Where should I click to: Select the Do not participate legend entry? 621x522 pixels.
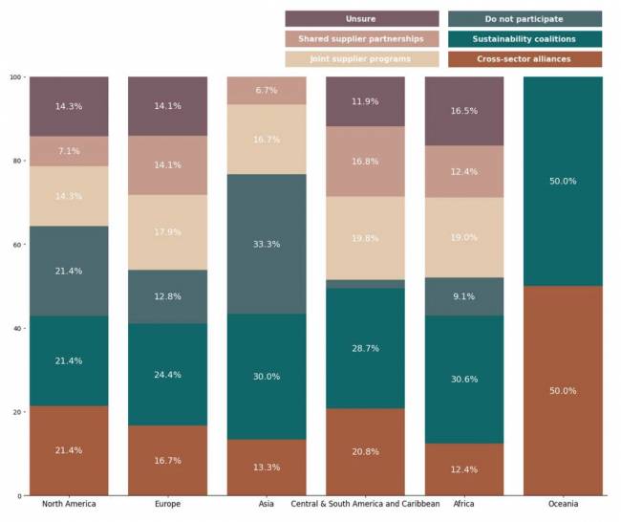[x=525, y=19]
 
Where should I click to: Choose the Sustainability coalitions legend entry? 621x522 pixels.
[x=525, y=39]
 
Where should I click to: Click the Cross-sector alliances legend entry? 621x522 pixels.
[x=525, y=59]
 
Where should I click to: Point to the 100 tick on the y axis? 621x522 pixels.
[x=15, y=77]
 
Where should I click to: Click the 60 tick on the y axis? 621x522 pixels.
[x=17, y=245]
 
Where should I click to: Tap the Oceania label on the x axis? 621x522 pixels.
[x=563, y=504]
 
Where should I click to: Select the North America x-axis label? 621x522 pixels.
[x=69, y=504]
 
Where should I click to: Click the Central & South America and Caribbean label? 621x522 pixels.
[x=365, y=504]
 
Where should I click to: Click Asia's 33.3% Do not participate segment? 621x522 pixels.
[x=267, y=244]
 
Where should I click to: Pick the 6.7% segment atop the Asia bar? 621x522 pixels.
[x=267, y=91]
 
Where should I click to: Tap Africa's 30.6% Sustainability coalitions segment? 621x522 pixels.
[x=463, y=380]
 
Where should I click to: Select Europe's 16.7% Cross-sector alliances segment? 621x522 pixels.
[x=167, y=460]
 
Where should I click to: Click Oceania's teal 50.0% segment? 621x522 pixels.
[x=563, y=182]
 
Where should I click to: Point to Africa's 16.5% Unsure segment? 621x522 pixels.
[x=463, y=111]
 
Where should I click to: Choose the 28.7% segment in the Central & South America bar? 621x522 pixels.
[x=365, y=348]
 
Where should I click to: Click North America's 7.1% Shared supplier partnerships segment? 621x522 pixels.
[x=69, y=151]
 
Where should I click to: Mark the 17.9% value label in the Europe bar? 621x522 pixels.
[x=167, y=232]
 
